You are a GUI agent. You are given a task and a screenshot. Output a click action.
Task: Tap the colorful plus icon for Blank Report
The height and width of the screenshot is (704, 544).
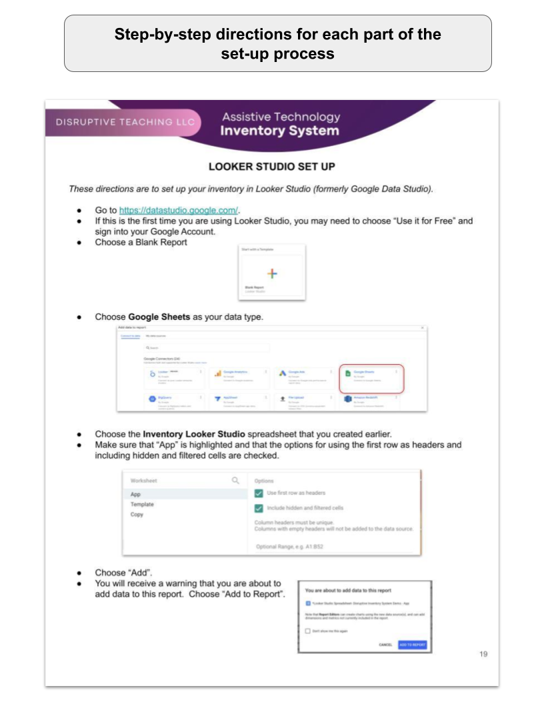click(x=272, y=273)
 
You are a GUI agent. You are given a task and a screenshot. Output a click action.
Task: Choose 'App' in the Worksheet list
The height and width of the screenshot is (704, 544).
click(x=136, y=495)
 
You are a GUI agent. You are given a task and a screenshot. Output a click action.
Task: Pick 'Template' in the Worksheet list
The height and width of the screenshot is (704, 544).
click(x=142, y=505)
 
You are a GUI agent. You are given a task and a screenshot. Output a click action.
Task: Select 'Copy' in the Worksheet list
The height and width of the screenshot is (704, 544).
click(x=137, y=515)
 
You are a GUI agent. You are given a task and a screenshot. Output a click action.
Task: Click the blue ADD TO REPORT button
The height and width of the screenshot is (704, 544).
click(x=412, y=645)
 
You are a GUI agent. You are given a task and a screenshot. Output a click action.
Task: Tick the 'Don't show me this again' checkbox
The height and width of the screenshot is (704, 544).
click(x=308, y=631)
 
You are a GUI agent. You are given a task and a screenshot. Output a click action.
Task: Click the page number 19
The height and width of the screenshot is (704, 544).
click(x=483, y=655)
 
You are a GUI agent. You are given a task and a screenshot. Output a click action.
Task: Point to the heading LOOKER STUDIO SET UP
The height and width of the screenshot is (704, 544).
click(x=272, y=167)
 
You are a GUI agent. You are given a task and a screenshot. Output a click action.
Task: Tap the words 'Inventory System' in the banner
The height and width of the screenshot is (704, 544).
click(x=280, y=131)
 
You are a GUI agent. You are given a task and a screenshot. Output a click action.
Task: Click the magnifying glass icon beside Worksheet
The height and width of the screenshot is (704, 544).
click(x=235, y=480)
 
